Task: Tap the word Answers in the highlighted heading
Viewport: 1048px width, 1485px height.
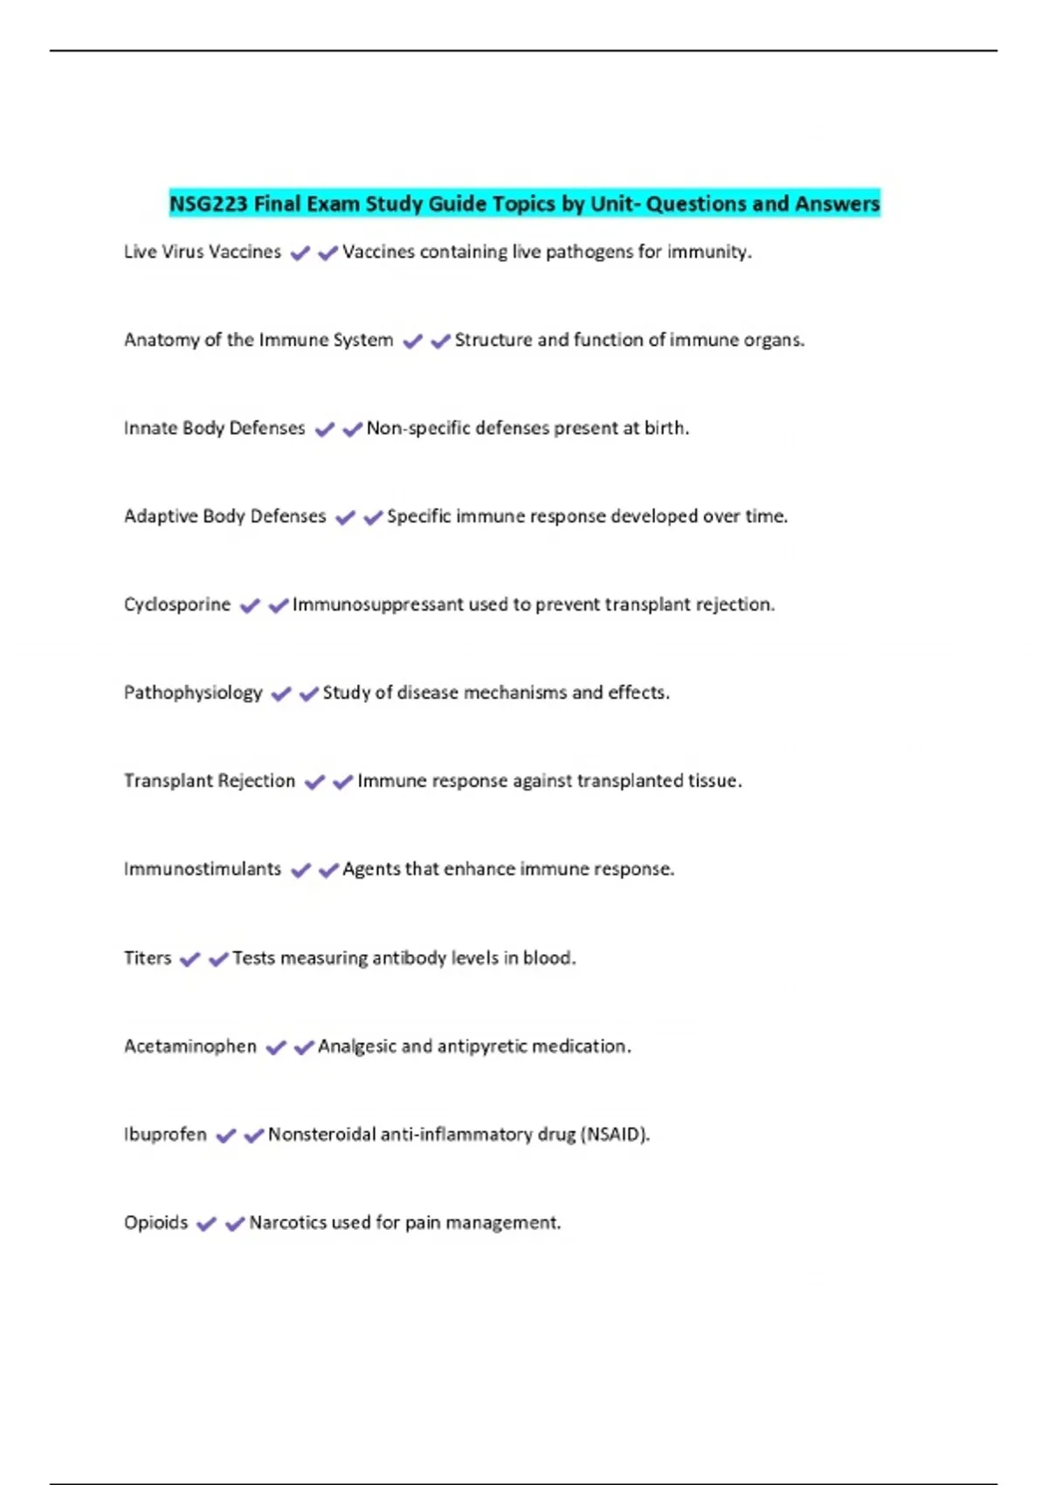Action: (x=837, y=204)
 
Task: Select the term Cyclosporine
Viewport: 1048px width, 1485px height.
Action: (x=177, y=604)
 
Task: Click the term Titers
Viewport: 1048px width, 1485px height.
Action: (x=148, y=958)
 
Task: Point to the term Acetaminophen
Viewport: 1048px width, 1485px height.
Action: (x=190, y=1046)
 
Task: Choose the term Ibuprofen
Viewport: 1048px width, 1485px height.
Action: (x=165, y=1135)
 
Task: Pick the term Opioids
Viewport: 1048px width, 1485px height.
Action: (x=155, y=1223)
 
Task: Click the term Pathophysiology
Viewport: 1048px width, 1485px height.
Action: (x=193, y=693)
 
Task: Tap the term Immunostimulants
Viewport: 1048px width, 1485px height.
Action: (x=203, y=869)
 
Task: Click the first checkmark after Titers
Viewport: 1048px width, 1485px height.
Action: (x=190, y=959)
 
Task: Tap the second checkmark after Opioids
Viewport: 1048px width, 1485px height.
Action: (x=234, y=1224)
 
